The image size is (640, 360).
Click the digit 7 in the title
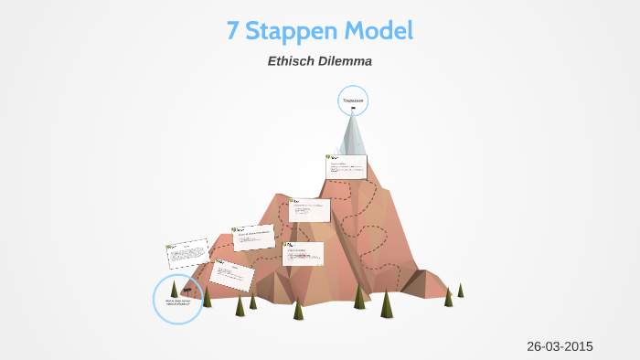233,31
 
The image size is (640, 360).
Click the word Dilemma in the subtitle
347,62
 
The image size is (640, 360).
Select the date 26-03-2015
560,345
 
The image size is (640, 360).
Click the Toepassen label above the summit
353,99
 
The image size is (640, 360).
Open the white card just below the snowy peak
347,167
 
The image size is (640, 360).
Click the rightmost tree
460,290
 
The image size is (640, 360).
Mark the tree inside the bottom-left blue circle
174,290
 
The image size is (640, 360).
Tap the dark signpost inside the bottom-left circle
187,290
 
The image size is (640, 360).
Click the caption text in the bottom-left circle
177,302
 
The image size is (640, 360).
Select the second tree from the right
448,297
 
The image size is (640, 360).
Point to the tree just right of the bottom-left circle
208,296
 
